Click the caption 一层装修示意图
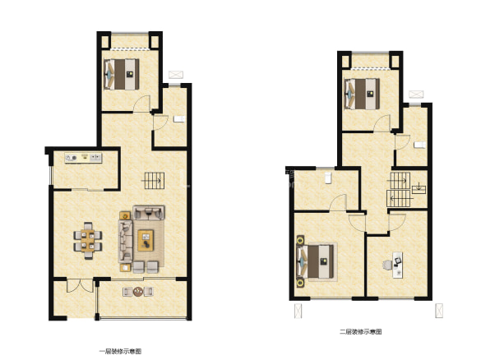[x=120, y=352]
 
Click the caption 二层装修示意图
[x=361, y=332]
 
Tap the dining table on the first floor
[x=88, y=240]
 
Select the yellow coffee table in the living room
[x=146, y=240]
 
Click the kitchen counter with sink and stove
[x=83, y=158]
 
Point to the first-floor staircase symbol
[x=155, y=181]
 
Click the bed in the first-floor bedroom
[x=122, y=74]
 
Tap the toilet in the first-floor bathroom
[x=179, y=119]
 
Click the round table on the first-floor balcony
[x=138, y=291]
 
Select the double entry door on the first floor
[x=80, y=286]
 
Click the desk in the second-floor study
[x=398, y=265]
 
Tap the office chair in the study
[x=387, y=265]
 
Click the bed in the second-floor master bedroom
[x=317, y=261]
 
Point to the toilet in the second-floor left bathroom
[x=328, y=178]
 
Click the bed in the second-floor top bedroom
[x=363, y=94]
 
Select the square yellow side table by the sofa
[x=125, y=215]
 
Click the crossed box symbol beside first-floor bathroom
[x=176, y=75]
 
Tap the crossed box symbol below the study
[x=439, y=311]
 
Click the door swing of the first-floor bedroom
[x=141, y=104]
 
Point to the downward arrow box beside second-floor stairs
[x=419, y=189]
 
